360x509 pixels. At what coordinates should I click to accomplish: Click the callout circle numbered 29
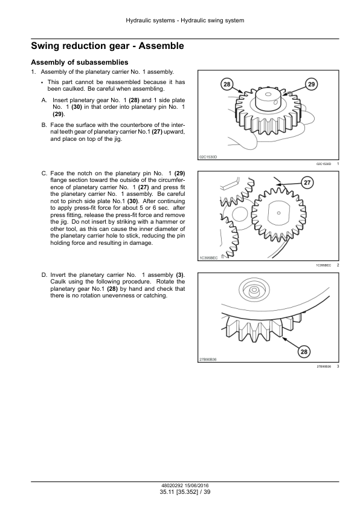(311, 85)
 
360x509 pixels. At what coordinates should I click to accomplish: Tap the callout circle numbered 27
(307, 183)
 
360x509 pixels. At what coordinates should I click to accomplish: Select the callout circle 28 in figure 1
(227, 85)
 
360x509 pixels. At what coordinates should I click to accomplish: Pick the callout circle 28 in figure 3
(304, 352)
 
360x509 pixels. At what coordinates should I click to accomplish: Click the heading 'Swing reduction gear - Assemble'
(108, 46)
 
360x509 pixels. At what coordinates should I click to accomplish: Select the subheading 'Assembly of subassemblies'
(80, 62)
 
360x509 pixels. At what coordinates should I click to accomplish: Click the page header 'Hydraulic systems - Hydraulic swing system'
(185, 21)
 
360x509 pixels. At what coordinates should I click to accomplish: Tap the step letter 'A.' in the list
(45, 100)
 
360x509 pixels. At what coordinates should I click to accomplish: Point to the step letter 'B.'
(45, 125)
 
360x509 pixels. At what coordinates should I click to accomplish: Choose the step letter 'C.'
(45, 173)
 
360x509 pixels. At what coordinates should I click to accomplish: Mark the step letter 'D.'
(45, 275)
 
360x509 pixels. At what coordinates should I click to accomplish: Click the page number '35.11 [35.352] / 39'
(185, 492)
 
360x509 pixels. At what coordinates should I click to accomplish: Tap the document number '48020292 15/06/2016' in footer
(185, 486)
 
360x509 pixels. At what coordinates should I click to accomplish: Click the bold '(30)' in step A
(77, 107)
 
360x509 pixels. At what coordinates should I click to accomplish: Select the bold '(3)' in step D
(180, 275)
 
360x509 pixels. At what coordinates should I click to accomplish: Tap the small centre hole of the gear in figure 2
(278, 213)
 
